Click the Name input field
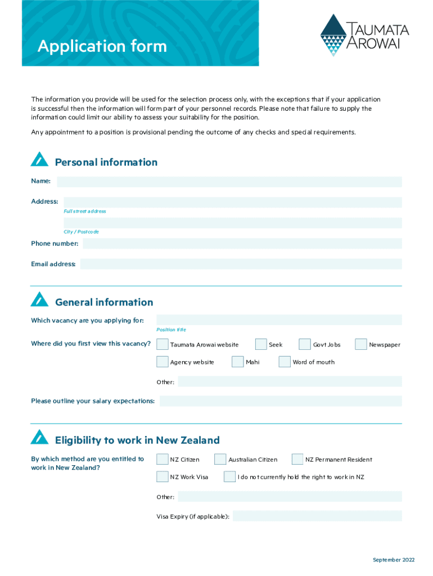(229, 182)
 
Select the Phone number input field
(242, 244)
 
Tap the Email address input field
(241, 264)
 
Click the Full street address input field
(232, 202)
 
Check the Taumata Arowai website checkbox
(162, 344)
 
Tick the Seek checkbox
(261, 344)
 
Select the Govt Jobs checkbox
(305, 344)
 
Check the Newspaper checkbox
(360, 344)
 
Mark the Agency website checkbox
(162, 362)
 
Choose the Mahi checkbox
(237, 362)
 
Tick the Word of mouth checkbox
(285, 362)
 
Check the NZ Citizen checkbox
(162, 460)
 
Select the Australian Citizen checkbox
(220, 460)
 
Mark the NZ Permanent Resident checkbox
(297, 460)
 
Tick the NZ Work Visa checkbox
(162, 477)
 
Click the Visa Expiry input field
(317, 516)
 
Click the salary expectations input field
(281, 401)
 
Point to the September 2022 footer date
(394, 560)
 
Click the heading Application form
(102, 46)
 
